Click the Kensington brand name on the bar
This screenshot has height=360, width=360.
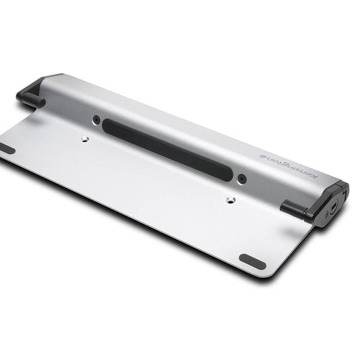click(x=289, y=165)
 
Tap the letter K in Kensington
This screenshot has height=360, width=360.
click(x=315, y=176)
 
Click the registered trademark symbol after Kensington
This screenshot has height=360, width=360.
click(x=262, y=155)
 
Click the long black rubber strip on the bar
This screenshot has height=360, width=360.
click(x=168, y=149)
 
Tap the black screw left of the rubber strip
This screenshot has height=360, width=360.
click(x=97, y=119)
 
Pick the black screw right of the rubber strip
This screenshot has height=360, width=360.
click(x=242, y=178)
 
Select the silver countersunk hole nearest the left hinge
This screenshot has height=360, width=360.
click(x=86, y=139)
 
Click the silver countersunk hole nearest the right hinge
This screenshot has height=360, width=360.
click(x=230, y=200)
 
